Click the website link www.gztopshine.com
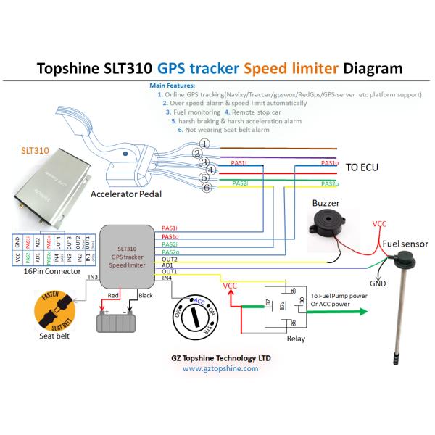[220, 368]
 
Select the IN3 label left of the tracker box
[91, 277]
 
